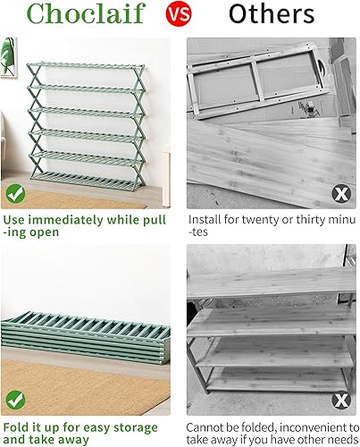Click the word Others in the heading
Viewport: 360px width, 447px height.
pyautogui.click(x=271, y=14)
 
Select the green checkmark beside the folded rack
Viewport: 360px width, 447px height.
pyautogui.click(x=14, y=397)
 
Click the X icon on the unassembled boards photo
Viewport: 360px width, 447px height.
pyautogui.click(x=340, y=192)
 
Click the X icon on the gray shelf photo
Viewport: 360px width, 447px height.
pyautogui.click(x=340, y=399)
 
